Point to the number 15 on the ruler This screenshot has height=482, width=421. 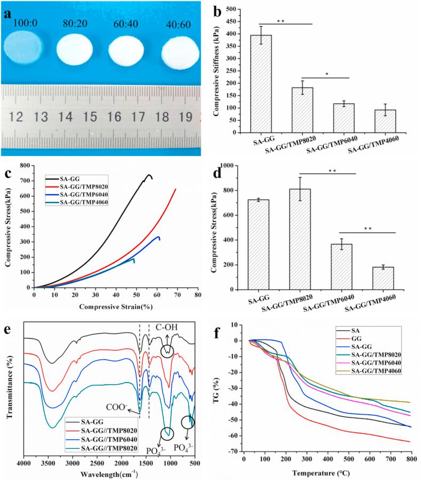92,115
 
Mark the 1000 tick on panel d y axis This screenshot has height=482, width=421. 236,166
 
